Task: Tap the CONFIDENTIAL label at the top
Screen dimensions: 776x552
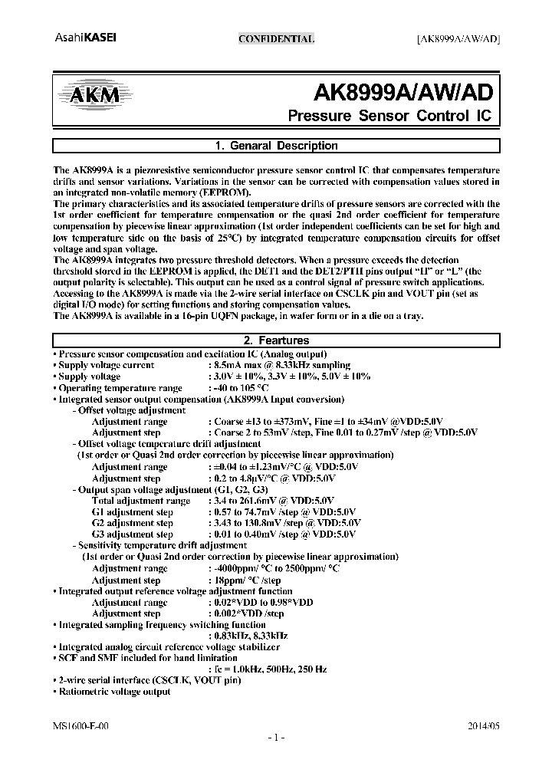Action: pos(276,39)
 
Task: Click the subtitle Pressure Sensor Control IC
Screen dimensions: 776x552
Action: pos(389,117)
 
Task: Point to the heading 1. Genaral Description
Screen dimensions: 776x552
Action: pos(276,146)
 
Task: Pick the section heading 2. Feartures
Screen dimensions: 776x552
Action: pos(276,340)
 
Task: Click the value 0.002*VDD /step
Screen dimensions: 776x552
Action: pos(245,613)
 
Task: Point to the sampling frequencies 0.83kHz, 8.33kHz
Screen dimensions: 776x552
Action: pos(248,636)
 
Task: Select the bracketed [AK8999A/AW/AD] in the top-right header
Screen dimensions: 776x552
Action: pos(458,39)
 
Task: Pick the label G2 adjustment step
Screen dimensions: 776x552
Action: pos(132,522)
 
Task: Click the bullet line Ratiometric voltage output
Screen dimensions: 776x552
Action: pos(114,691)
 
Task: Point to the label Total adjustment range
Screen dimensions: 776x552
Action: pos(140,501)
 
